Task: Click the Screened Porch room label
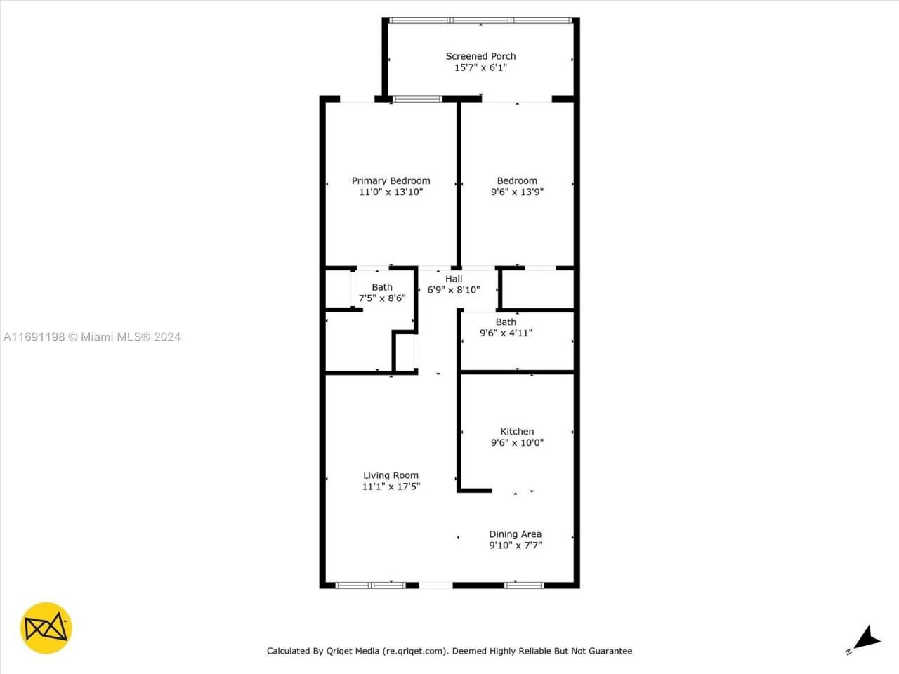click(480, 56)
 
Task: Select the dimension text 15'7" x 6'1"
click(480, 67)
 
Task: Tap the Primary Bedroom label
click(391, 180)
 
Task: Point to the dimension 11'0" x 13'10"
click(391, 192)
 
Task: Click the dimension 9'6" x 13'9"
click(517, 192)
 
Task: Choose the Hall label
click(454, 279)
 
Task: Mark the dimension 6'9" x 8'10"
click(454, 290)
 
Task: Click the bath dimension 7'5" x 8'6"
click(382, 298)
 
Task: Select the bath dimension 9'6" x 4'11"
click(506, 333)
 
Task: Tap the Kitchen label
click(517, 431)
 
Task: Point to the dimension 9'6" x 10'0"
click(517, 442)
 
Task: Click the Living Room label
click(391, 475)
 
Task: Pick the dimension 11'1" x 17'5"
click(391, 487)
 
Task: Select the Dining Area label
click(515, 534)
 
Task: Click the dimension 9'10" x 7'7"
click(515, 546)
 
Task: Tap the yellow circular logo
click(46, 628)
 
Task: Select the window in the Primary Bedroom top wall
click(417, 99)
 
